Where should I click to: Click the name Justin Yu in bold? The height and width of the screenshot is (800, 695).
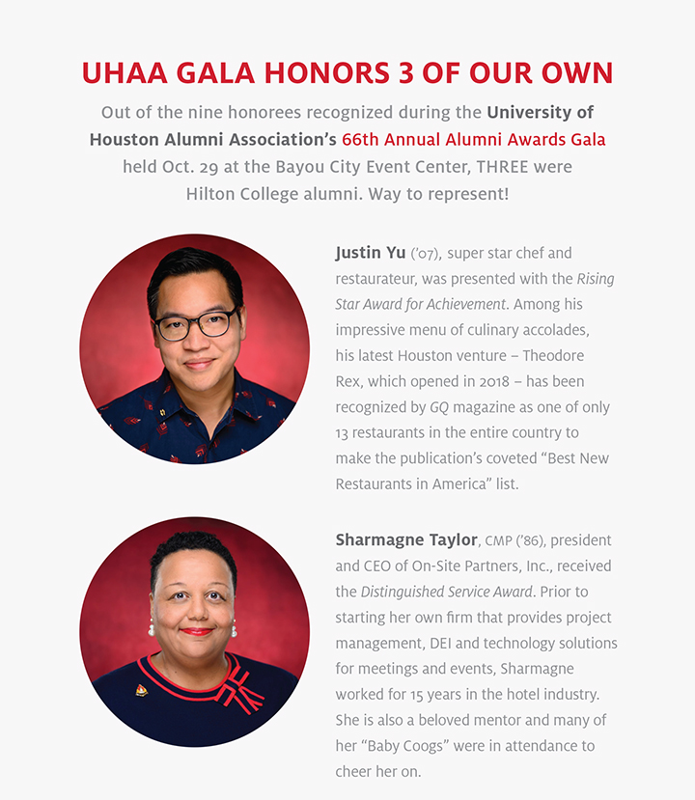371,253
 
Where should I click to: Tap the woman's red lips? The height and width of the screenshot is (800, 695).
196,631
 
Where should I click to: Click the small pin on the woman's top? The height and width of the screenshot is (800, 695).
141,690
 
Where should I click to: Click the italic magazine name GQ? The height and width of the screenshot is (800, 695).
439,407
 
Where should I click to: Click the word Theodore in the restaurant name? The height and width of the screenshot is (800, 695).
553,356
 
